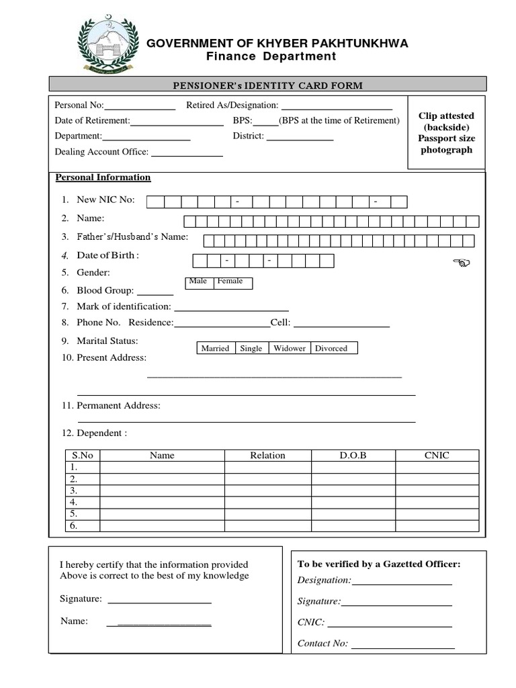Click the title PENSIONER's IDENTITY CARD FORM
point(268,85)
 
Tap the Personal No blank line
point(140,106)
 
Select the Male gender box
point(198,282)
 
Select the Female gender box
point(232,282)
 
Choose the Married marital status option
point(216,348)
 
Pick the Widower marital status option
point(289,348)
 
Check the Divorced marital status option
point(333,348)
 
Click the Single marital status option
point(251,348)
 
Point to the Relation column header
point(267,456)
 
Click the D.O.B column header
point(353,456)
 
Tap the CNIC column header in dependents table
point(437,456)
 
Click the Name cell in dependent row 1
point(162,467)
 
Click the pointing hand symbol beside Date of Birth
point(462,263)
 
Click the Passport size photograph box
point(447,132)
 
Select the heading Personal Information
point(103,177)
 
